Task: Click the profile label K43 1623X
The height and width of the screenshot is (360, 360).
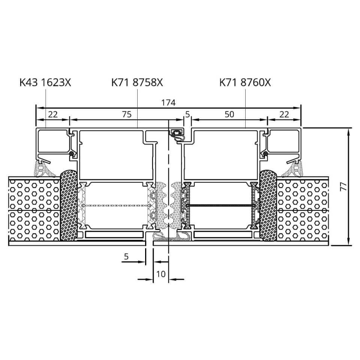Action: point(45,82)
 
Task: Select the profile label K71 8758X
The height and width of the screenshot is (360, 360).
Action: point(137,82)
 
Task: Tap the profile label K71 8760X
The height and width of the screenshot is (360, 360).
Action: point(245,82)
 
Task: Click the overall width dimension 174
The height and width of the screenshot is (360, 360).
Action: point(168,102)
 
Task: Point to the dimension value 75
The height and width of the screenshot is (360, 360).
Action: point(127,114)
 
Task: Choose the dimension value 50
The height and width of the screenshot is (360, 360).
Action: point(229,114)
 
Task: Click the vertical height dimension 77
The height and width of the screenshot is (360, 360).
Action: point(343,186)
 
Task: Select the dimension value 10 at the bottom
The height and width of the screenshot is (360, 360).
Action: point(161,274)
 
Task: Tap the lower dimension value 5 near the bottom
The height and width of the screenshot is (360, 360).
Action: point(126,256)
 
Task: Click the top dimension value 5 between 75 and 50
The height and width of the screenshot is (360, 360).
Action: point(187,114)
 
